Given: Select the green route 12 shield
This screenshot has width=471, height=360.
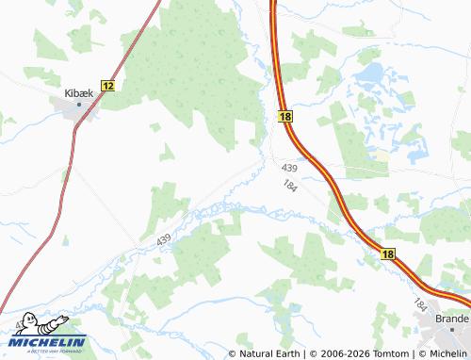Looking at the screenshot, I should (107, 85).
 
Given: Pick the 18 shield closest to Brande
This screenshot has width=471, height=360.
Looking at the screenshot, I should (388, 254).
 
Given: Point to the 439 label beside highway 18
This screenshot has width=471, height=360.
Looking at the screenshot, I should (288, 167).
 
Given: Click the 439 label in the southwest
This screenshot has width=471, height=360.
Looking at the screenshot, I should (165, 241).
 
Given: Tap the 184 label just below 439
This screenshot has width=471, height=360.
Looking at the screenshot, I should (290, 186).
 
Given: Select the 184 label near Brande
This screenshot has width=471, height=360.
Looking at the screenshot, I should (420, 304).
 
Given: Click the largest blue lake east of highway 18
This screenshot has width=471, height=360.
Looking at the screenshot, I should (370, 72).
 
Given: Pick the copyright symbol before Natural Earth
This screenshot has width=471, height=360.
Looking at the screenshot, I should (233, 353).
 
